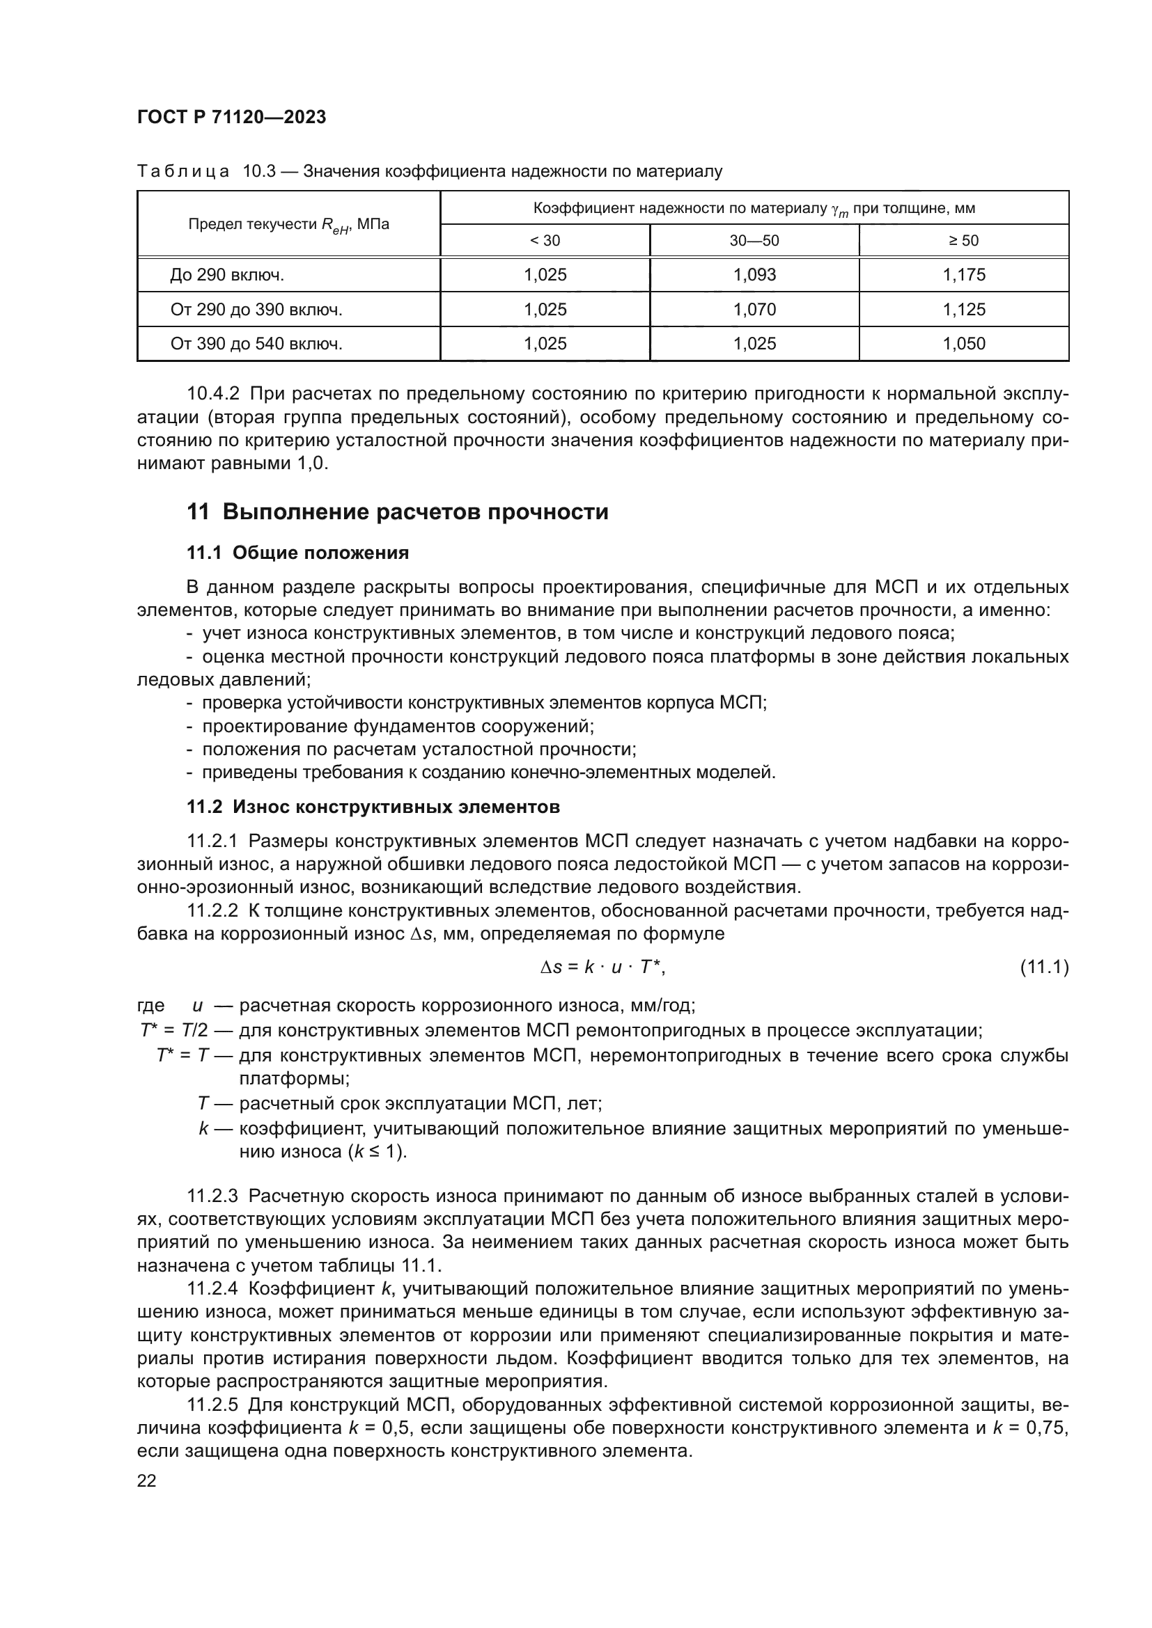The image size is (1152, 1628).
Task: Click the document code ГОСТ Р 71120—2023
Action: [x=231, y=117]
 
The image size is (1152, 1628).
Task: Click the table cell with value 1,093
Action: [x=754, y=274]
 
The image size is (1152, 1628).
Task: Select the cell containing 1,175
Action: [x=963, y=274]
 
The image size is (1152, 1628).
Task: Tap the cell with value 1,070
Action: [x=754, y=309]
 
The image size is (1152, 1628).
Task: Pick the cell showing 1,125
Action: [x=963, y=309]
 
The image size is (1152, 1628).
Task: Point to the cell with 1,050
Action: [x=963, y=344]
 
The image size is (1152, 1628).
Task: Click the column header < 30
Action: [x=545, y=240]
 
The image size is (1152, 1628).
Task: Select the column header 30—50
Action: [x=754, y=240]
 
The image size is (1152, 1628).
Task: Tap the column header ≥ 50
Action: [x=963, y=240]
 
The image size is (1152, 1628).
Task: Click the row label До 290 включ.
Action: [x=227, y=275]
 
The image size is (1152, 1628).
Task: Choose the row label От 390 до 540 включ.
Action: [x=256, y=344]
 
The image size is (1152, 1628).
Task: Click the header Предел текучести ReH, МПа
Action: [x=288, y=225]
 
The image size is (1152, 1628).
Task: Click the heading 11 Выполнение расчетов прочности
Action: [x=397, y=512]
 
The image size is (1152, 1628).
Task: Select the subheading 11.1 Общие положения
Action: [x=297, y=553]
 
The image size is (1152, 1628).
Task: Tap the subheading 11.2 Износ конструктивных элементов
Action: [x=373, y=806]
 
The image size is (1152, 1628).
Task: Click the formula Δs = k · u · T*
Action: [x=602, y=967]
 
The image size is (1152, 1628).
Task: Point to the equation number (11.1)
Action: [x=1043, y=967]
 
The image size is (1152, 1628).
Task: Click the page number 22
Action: [x=147, y=1480]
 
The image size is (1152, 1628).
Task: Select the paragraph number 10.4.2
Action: [x=213, y=393]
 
